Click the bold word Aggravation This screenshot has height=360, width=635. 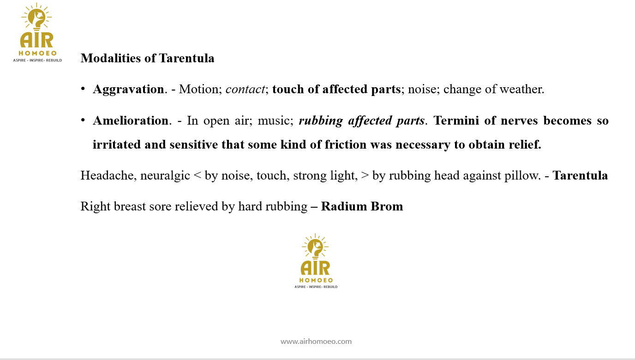tap(128, 90)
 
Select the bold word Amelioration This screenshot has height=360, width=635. tap(131, 120)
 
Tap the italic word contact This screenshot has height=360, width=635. tap(245, 89)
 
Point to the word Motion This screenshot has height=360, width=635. tap(199, 89)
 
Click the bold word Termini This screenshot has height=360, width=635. tap(456, 120)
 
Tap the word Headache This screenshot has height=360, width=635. tap(107, 176)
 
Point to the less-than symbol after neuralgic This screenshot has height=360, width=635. tap(198, 176)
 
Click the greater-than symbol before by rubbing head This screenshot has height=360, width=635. tap(365, 176)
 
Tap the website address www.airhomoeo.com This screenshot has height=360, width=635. tap(316, 341)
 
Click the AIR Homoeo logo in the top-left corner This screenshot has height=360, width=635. tap(37, 32)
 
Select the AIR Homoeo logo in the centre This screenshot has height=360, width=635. tap(316, 261)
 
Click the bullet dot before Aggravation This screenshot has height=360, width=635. tap(83, 89)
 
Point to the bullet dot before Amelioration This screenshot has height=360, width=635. tap(83, 120)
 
